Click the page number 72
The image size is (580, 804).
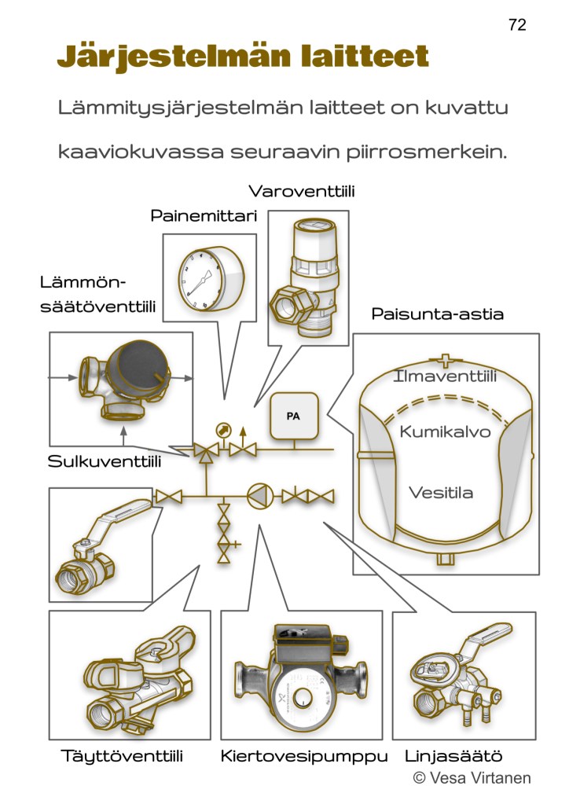(x=517, y=25)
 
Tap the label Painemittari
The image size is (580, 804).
(x=204, y=216)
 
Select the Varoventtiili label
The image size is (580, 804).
(x=302, y=191)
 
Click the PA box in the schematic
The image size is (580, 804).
(x=292, y=415)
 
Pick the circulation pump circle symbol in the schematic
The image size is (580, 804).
(x=259, y=496)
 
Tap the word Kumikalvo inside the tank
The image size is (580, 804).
(x=445, y=431)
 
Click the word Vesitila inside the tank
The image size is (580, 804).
(x=441, y=493)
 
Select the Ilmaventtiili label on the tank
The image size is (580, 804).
(x=445, y=378)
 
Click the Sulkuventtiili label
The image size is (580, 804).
(x=105, y=461)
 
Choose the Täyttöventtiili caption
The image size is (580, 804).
(x=122, y=757)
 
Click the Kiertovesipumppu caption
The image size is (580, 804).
(x=304, y=757)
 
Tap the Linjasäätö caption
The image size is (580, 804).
(x=453, y=757)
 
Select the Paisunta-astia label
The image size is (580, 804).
(x=437, y=314)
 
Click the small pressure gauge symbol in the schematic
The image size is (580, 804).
(x=223, y=429)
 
